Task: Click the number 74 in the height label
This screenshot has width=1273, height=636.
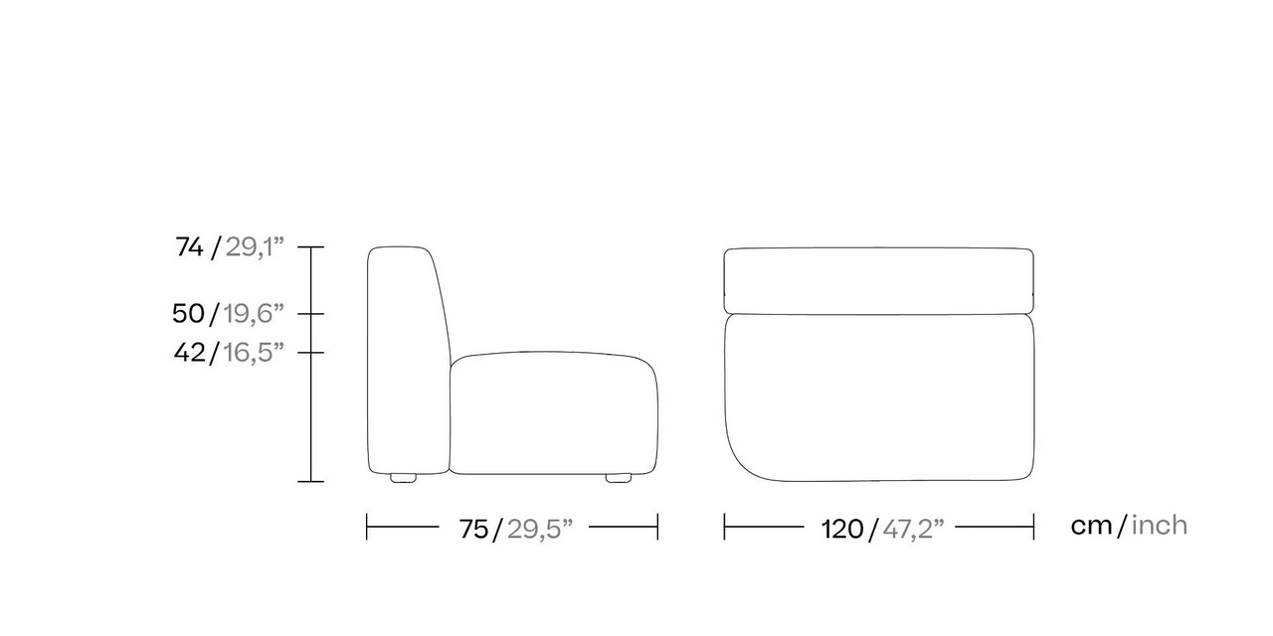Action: (x=189, y=247)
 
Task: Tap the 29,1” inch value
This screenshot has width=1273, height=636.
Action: (x=255, y=247)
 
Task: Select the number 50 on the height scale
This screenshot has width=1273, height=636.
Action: (x=188, y=313)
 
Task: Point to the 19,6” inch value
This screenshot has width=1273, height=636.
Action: (x=253, y=314)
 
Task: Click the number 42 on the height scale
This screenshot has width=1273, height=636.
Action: (x=189, y=353)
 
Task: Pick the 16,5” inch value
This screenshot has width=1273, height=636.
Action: (x=253, y=353)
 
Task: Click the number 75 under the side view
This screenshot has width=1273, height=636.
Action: (x=474, y=530)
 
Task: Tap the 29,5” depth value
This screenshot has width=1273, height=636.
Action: (x=540, y=530)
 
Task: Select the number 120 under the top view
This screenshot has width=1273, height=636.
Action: (x=842, y=530)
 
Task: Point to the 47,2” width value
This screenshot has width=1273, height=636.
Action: (x=913, y=530)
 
